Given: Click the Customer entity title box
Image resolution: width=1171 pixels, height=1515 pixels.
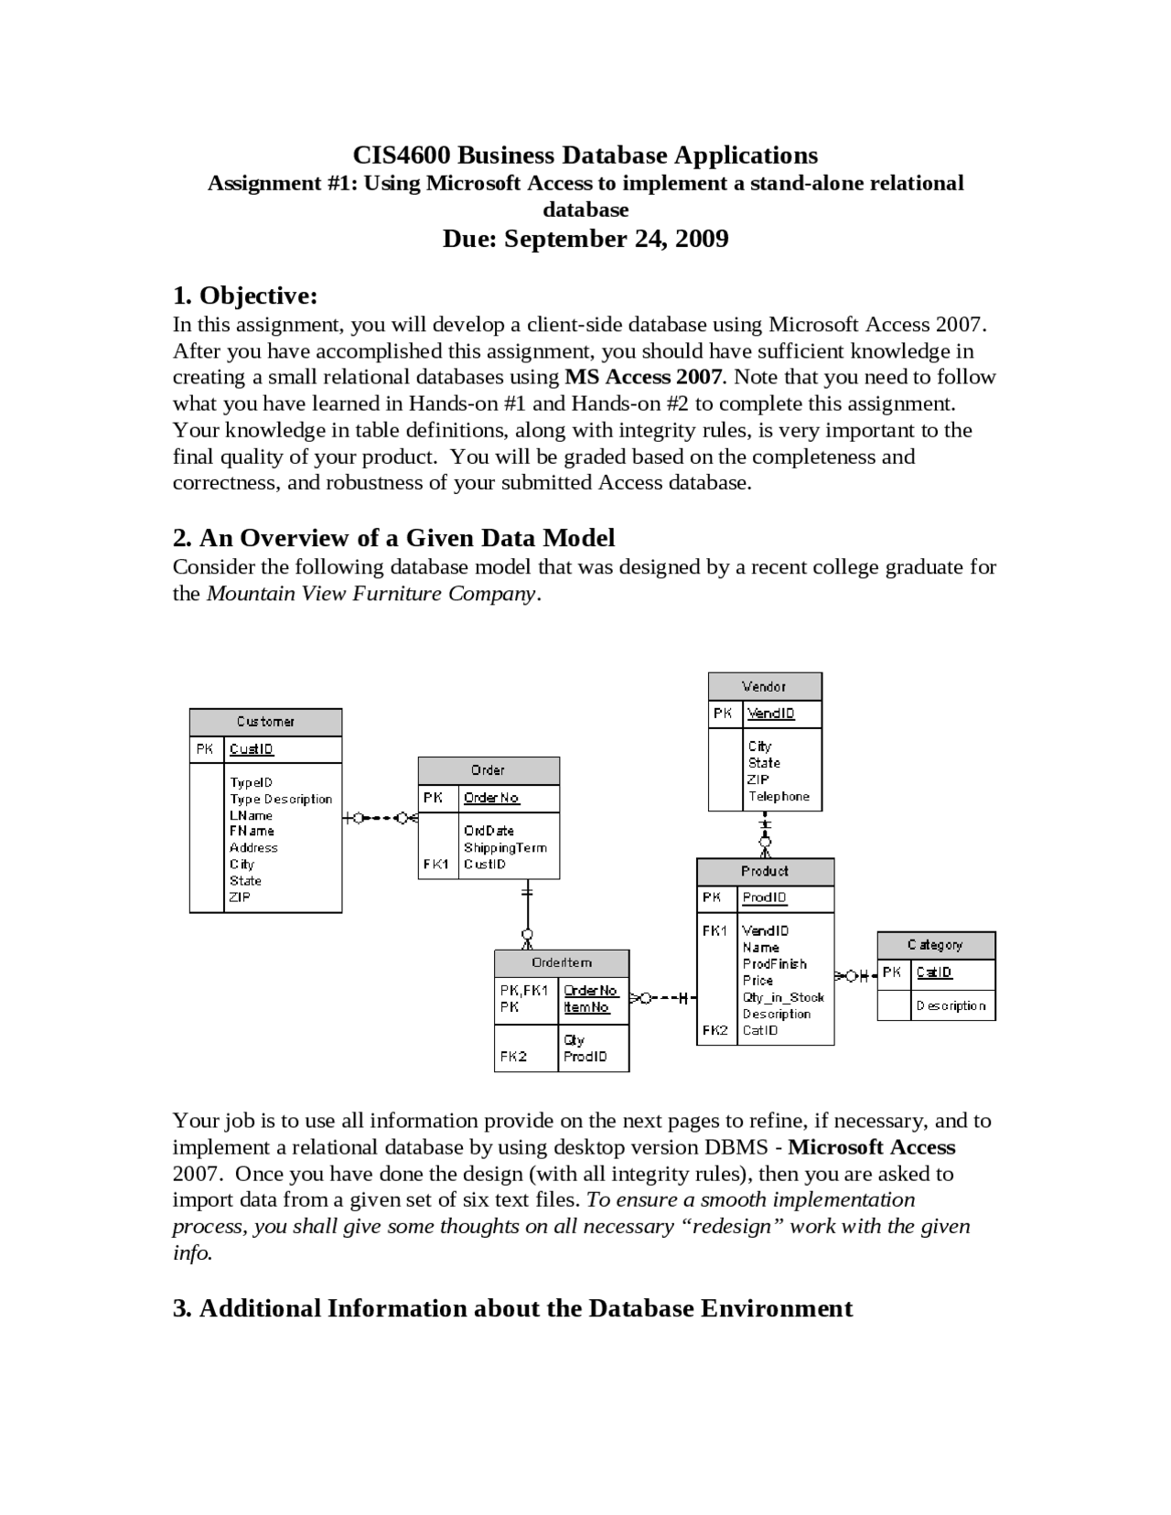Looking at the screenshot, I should pos(265,722).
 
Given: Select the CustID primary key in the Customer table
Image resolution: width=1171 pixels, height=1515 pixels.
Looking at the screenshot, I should pos(252,749).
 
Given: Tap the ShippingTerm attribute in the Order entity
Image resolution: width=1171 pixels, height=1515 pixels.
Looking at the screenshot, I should pos(505,848).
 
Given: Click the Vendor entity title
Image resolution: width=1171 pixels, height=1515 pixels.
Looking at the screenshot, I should pos(764,686).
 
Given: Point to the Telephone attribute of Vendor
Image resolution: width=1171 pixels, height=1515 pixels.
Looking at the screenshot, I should pos(779,797).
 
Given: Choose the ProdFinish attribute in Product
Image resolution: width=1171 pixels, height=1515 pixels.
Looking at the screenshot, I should pos(774,964).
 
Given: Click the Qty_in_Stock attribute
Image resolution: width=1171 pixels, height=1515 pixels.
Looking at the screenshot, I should pos(783,997).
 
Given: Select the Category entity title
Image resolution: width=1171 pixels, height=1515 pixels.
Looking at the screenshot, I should pos(935,945).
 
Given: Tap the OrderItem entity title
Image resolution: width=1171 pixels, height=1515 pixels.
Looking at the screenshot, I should pos(562,962).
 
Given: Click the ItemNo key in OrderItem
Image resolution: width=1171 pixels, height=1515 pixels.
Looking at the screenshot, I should pos(586,1007).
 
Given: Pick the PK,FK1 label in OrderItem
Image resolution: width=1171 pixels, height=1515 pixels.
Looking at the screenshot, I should pos(524,990).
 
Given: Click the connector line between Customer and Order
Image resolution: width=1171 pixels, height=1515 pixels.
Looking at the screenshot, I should pos(380,818).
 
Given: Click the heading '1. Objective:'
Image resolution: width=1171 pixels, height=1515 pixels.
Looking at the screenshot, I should pos(245,295).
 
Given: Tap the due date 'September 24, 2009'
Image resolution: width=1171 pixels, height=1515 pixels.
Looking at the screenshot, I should pos(617,239).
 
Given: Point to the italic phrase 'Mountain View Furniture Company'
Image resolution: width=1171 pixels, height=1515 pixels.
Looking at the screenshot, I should pos(371,594).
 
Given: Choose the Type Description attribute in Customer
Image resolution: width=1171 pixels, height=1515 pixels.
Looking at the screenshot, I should pos(281,800).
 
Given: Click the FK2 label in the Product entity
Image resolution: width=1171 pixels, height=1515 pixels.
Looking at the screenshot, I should pos(715,1030).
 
